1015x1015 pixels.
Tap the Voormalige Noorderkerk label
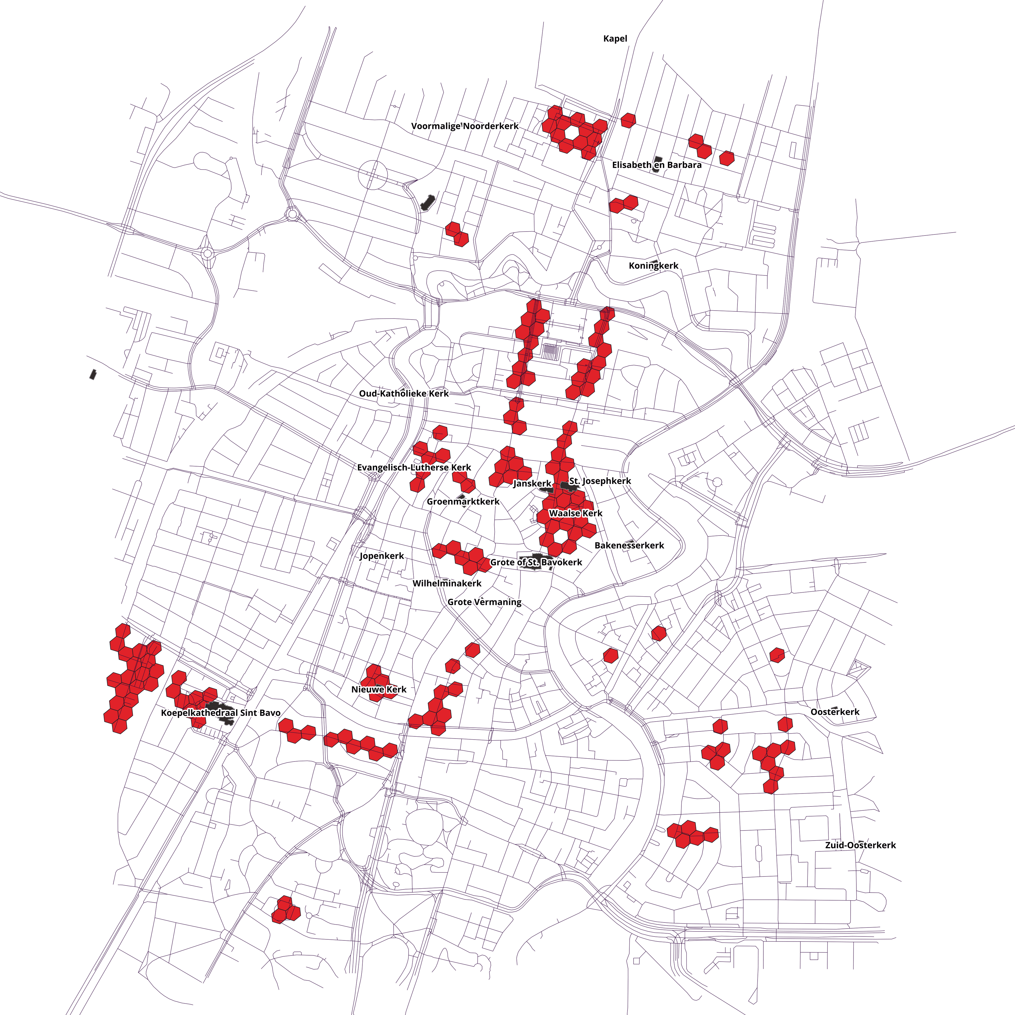coord(464,126)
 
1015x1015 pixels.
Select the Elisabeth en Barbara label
coord(657,165)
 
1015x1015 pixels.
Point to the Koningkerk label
coord(654,266)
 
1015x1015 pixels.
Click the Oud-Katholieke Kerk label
coord(403,394)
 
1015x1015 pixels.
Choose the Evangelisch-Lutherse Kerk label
coord(414,468)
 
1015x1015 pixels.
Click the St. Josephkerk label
coord(600,481)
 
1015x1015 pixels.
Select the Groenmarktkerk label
coord(463,502)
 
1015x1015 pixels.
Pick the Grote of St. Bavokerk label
coord(536,562)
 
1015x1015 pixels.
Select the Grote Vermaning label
coord(485,602)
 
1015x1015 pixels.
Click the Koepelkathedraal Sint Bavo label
coord(221,713)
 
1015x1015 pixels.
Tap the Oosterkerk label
coord(835,712)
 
